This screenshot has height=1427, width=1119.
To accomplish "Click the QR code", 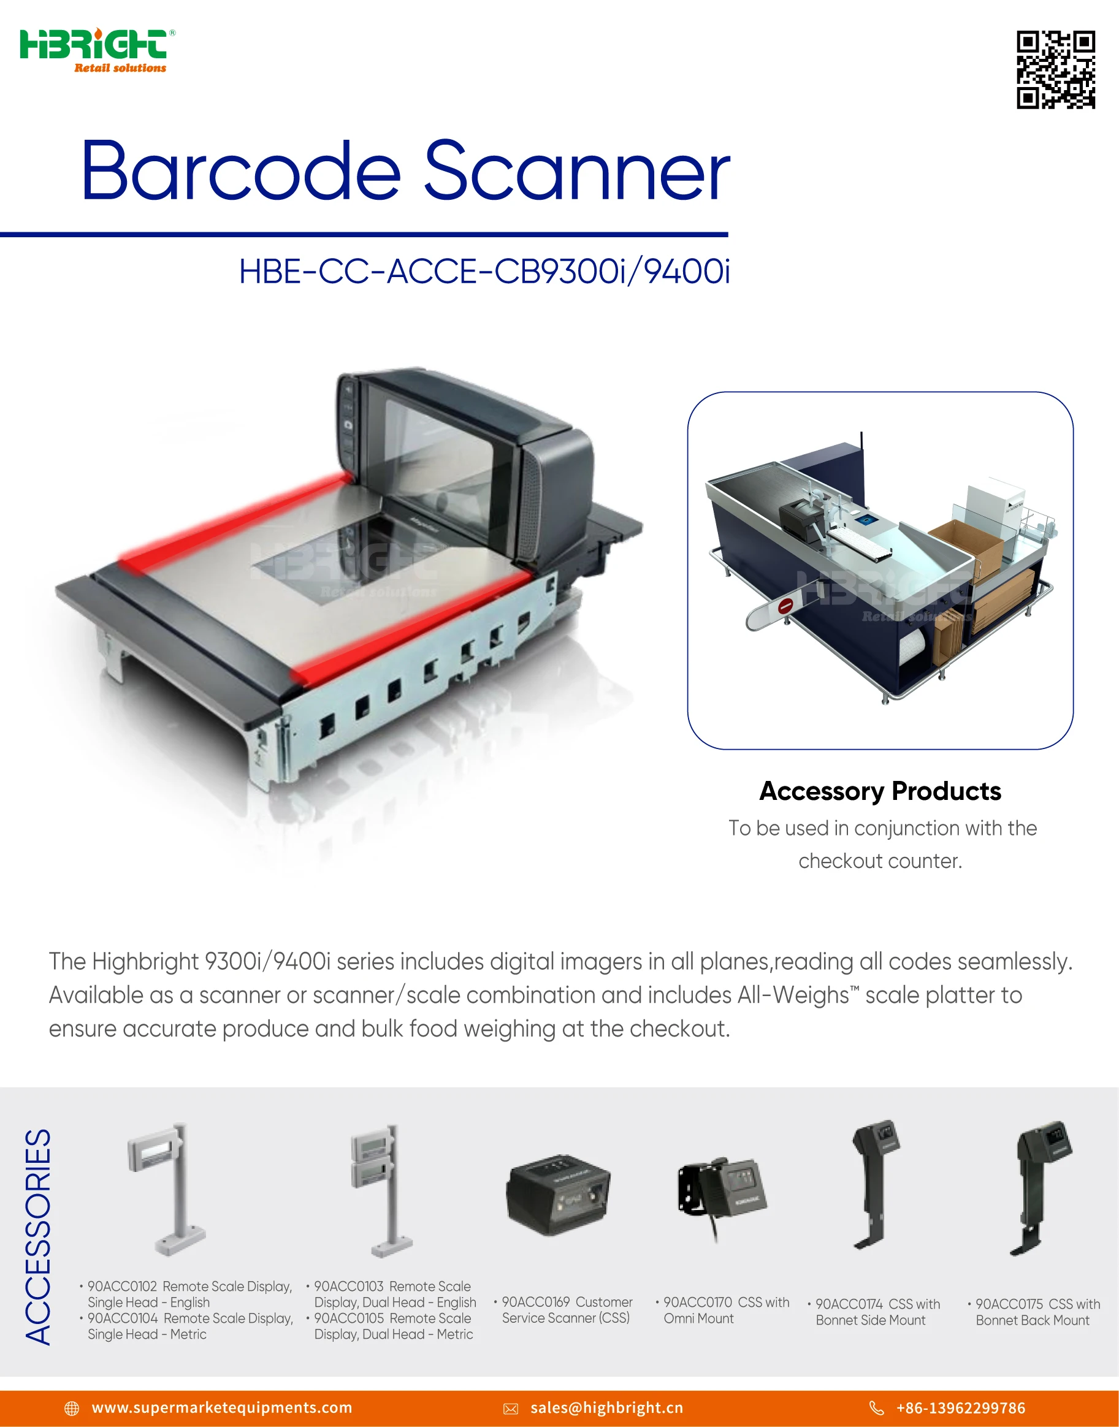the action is tap(1055, 69).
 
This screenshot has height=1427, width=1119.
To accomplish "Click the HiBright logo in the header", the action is tap(96, 50).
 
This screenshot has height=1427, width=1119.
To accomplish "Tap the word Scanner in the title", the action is tap(577, 171).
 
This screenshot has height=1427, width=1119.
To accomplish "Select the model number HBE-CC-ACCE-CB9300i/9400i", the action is tap(484, 271).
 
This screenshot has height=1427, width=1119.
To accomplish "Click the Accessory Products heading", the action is tap(880, 791).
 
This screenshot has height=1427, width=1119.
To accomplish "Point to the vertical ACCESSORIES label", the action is tap(38, 1236).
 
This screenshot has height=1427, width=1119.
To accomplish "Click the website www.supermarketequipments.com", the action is tap(221, 1407).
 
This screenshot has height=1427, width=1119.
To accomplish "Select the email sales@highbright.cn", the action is tap(606, 1407).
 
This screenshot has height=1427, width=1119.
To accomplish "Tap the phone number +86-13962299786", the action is tap(960, 1407).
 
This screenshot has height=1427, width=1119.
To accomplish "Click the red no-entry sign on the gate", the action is tap(786, 606).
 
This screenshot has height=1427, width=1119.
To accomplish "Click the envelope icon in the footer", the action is tap(511, 1409).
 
